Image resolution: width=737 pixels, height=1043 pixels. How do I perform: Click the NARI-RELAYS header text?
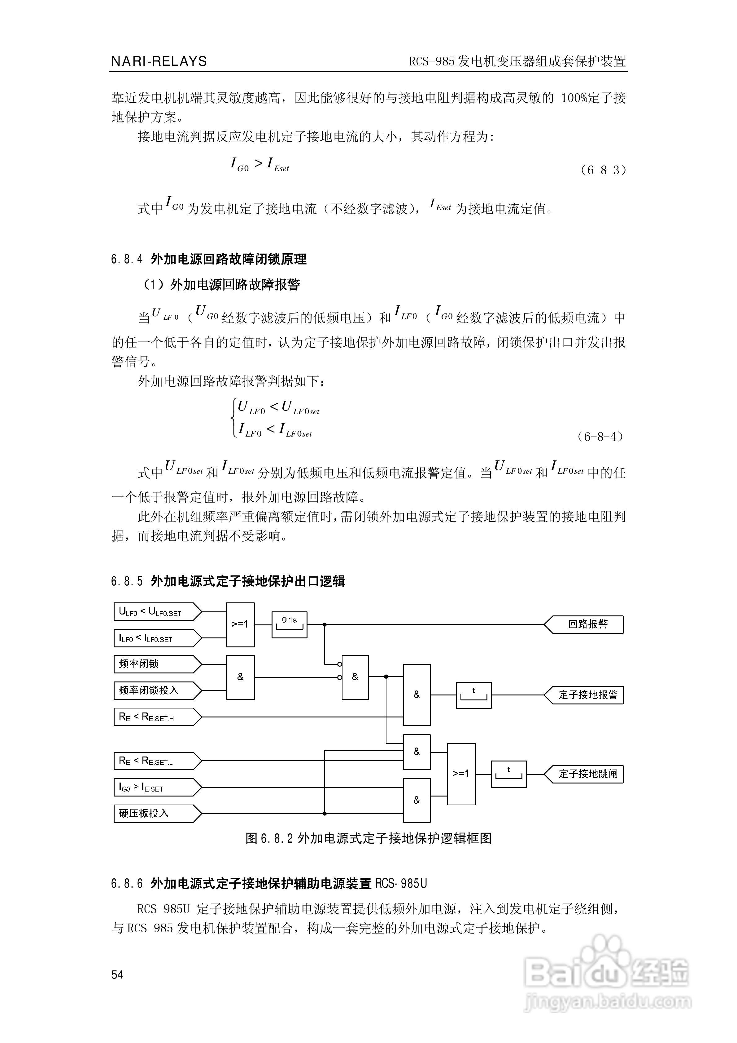pyautogui.click(x=159, y=61)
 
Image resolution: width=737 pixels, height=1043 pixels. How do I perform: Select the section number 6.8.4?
pyautogui.click(x=127, y=260)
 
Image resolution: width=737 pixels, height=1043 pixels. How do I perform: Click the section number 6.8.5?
pyautogui.click(x=127, y=581)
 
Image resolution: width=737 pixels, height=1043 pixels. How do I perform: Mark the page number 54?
pyautogui.click(x=117, y=975)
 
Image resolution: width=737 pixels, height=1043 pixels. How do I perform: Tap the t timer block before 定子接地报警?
pyautogui.click(x=473, y=695)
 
